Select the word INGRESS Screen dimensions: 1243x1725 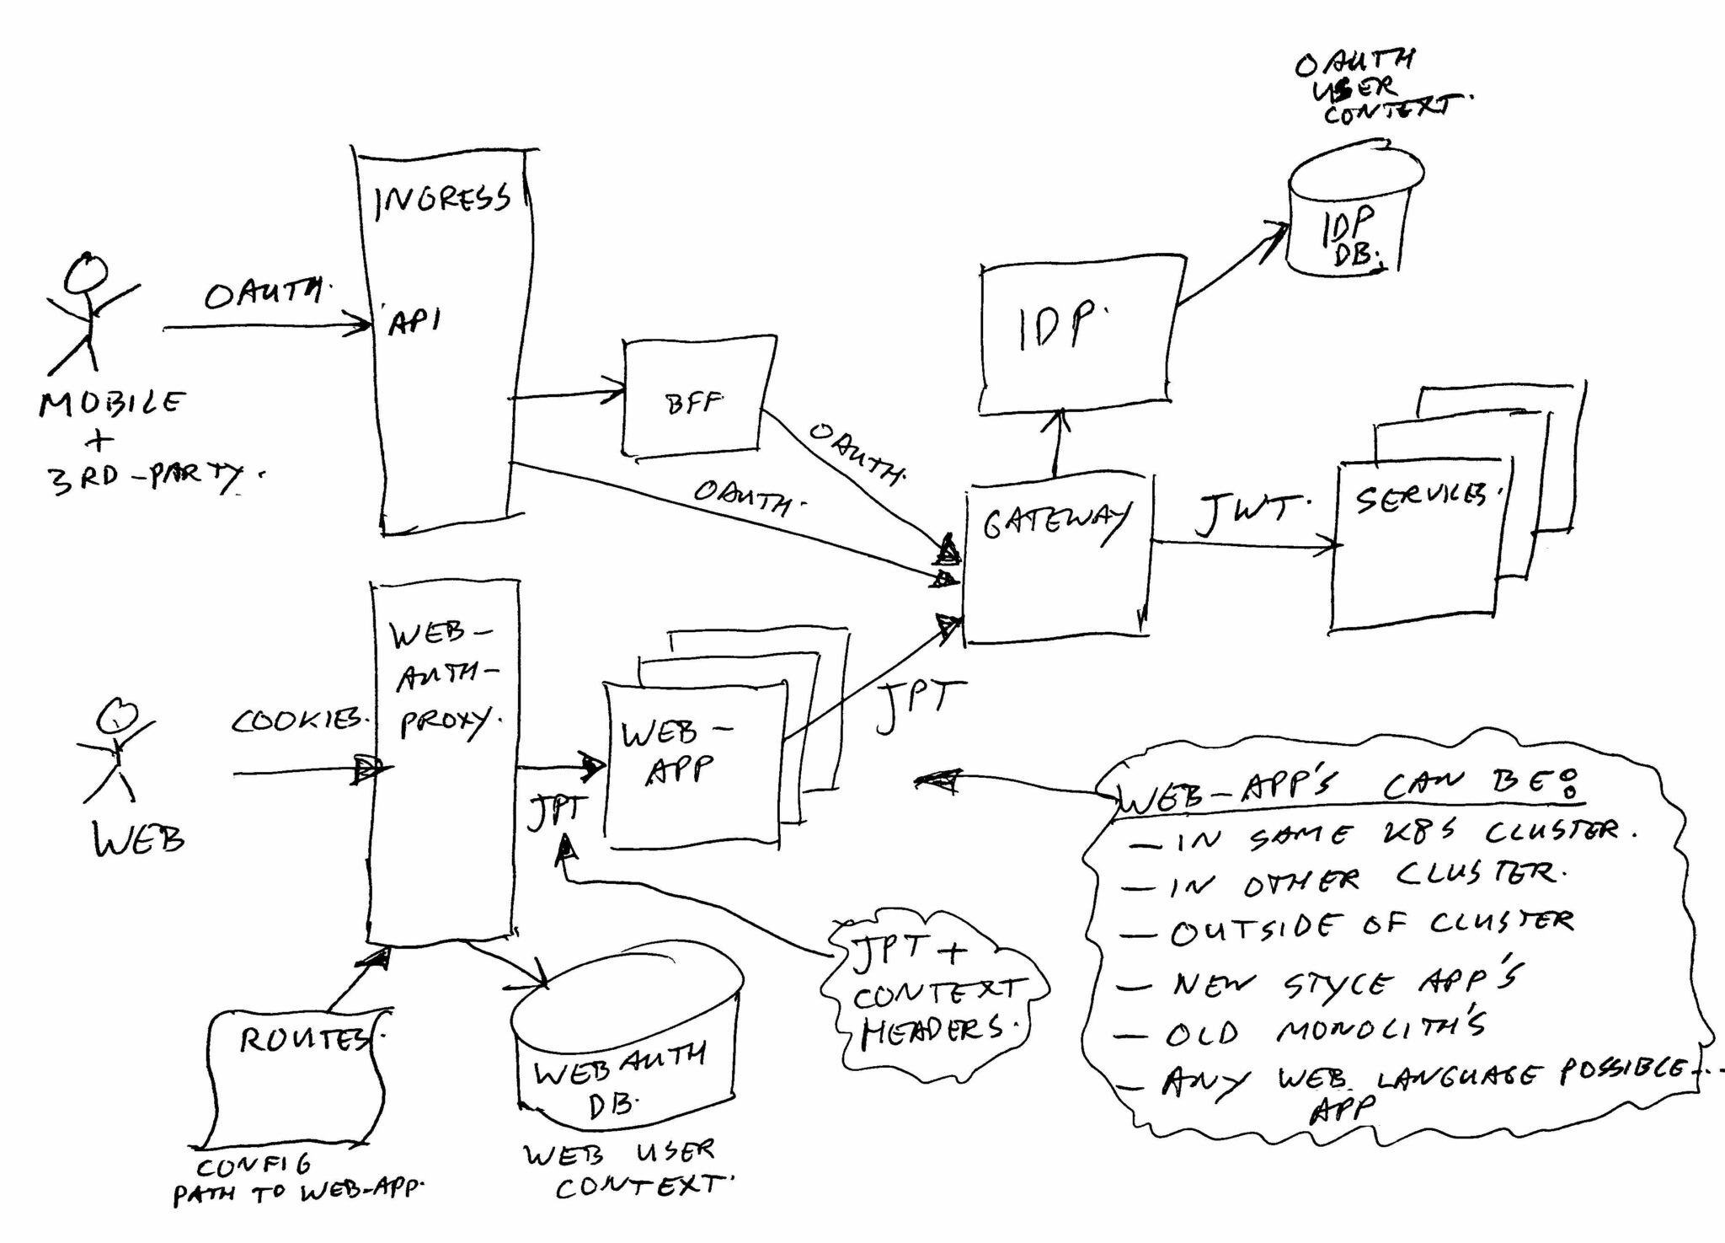click(x=442, y=200)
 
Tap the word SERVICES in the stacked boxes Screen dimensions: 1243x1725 click(x=1419, y=500)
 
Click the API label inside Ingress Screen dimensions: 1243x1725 click(x=414, y=322)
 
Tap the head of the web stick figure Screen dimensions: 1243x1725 click(x=115, y=715)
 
